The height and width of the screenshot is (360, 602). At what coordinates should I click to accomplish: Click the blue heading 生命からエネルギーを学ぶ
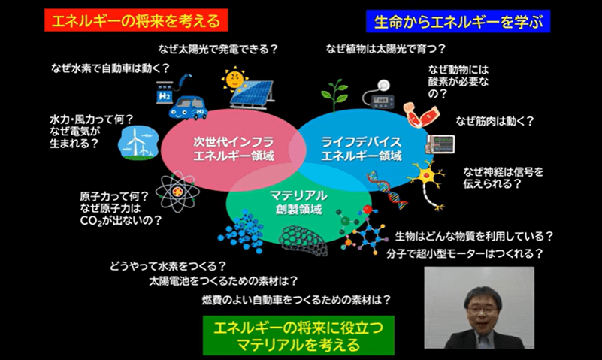(x=458, y=20)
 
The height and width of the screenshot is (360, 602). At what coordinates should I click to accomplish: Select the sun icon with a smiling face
(x=234, y=78)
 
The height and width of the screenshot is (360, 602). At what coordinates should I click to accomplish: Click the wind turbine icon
(x=136, y=141)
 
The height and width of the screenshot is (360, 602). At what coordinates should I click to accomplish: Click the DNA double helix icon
(x=386, y=188)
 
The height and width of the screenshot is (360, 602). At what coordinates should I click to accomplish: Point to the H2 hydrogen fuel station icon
(x=164, y=93)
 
